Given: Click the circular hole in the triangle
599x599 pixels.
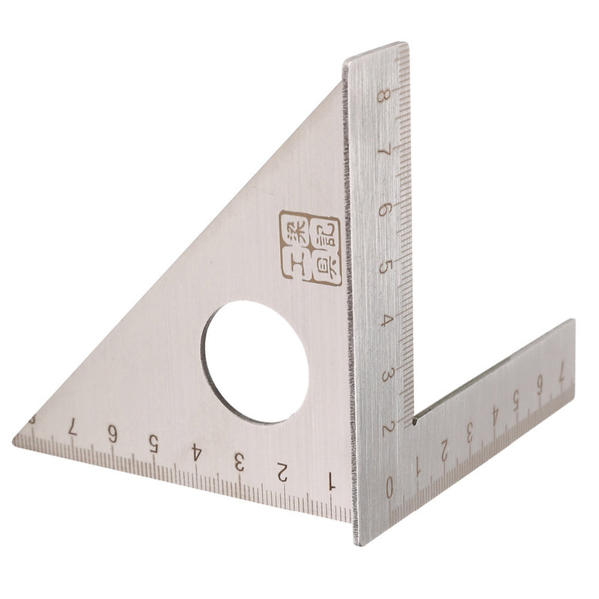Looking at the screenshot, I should [255, 362].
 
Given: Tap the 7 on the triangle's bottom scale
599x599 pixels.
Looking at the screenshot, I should [71, 425].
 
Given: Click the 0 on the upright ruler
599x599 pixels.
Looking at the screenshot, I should [389, 487].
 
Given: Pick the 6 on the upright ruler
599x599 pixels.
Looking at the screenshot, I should [385, 209].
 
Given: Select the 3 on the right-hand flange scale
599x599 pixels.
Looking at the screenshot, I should [469, 432].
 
